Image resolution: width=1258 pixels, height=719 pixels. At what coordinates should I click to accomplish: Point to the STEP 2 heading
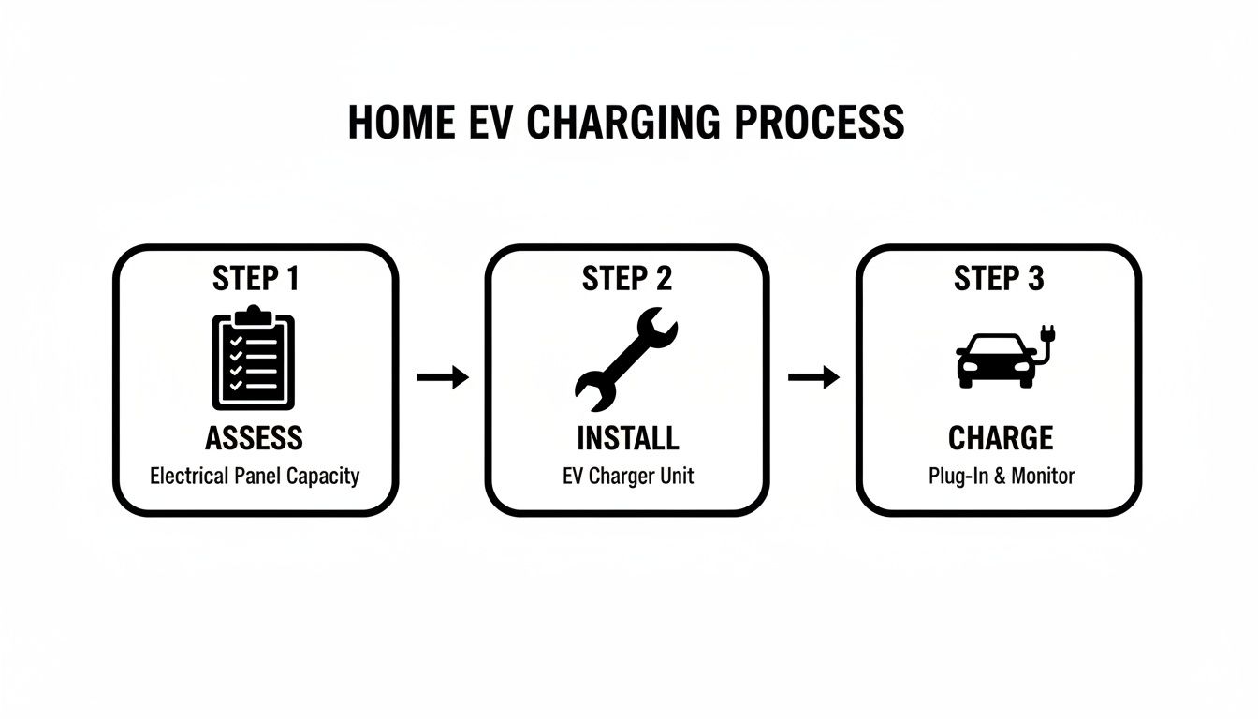626,278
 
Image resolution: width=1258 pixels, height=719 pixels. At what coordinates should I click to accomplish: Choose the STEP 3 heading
998,278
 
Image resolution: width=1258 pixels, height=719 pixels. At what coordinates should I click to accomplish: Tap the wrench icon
625,359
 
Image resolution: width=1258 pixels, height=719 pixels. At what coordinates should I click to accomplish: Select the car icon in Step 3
996,360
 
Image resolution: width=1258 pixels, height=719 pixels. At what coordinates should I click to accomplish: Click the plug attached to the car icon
1047,335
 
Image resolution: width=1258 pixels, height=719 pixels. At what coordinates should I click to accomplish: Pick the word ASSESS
254,437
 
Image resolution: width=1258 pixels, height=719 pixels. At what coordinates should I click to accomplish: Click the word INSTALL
626,437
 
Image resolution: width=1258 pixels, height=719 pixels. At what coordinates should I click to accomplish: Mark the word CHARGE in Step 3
1000,437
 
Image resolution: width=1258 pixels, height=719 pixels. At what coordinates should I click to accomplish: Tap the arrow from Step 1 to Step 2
442,378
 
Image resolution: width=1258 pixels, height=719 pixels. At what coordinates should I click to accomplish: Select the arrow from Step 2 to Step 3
813,378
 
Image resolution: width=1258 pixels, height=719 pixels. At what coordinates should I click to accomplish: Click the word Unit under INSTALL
675,476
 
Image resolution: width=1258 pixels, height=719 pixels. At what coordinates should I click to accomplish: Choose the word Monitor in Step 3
1043,476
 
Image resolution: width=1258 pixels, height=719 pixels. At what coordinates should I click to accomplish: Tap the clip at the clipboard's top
254,312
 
